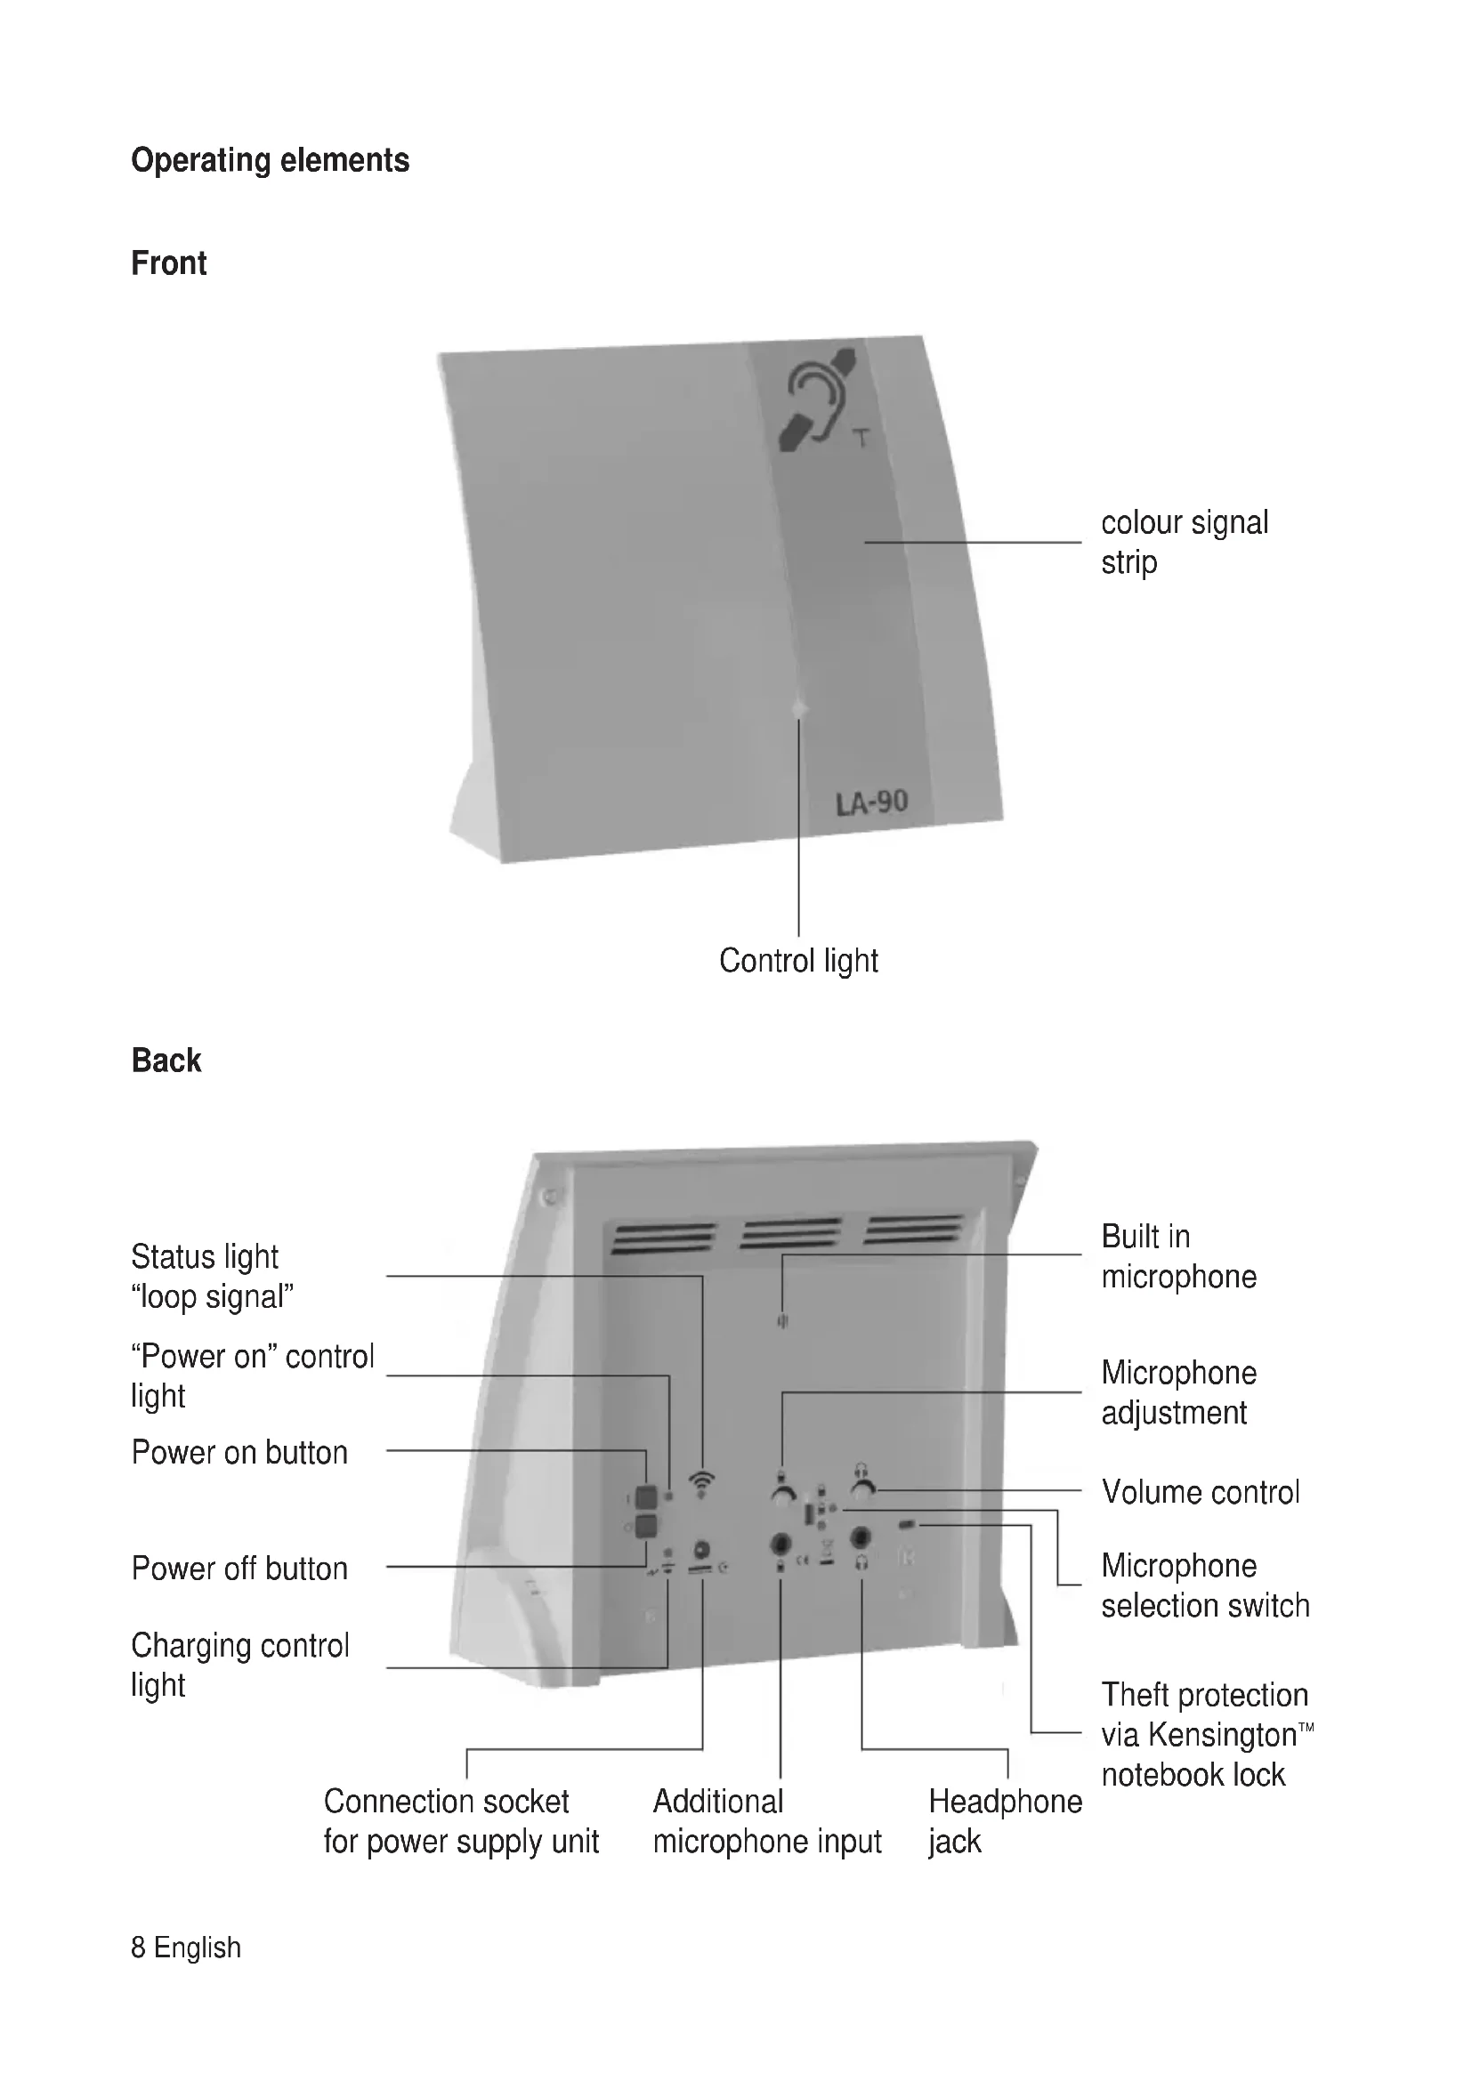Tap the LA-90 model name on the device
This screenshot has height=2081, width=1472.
pos(871,803)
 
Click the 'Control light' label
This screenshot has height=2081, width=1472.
pos(797,961)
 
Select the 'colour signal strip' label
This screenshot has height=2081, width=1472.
pos(1184,542)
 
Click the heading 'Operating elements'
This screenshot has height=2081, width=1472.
pos(271,160)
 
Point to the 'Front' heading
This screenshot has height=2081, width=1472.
pos(168,263)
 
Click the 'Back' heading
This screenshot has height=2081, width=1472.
pos(166,1061)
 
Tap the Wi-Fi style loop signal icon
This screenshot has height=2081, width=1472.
pos(701,1482)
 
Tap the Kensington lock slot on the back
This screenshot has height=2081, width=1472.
pos(907,1525)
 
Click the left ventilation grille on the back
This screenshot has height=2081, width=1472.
pos(664,1238)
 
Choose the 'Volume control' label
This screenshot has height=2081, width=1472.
pos(1200,1492)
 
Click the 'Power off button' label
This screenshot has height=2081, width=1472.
pos(239,1568)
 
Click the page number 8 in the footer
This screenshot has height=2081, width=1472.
pos(138,1947)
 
